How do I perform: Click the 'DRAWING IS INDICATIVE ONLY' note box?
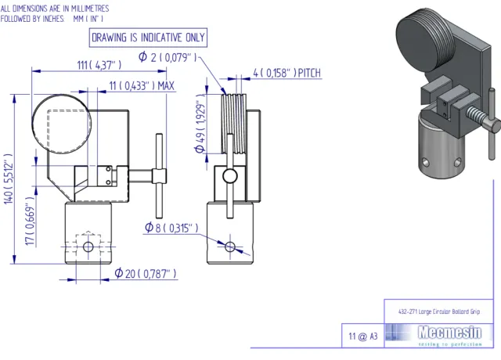pyautogui.click(x=148, y=37)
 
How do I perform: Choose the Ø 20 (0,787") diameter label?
pyautogui.click(x=146, y=274)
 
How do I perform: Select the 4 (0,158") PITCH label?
pyautogui.click(x=287, y=74)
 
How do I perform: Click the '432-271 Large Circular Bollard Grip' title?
pyautogui.click(x=438, y=311)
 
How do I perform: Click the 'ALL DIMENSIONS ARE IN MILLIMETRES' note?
pyautogui.click(x=55, y=7)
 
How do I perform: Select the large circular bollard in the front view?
pyautogui.click(x=62, y=122)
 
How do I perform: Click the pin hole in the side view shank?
pyautogui.click(x=229, y=246)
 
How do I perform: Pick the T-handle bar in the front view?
pyautogui.click(x=158, y=175)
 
